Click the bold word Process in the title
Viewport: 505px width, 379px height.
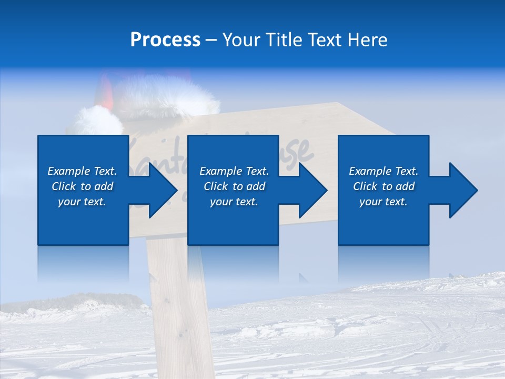[x=165, y=40]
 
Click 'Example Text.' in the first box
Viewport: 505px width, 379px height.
[x=82, y=171]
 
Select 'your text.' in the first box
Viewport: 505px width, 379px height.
[x=82, y=202]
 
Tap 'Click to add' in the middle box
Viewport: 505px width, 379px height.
[x=234, y=186]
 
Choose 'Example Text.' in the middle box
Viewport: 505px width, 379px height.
[x=234, y=171]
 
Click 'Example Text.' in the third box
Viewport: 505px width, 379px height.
[x=383, y=171]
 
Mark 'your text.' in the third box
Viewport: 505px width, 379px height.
[x=383, y=202]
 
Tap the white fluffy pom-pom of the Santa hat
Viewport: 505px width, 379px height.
[x=98, y=121]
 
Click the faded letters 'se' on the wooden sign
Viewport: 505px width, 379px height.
[x=300, y=153]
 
